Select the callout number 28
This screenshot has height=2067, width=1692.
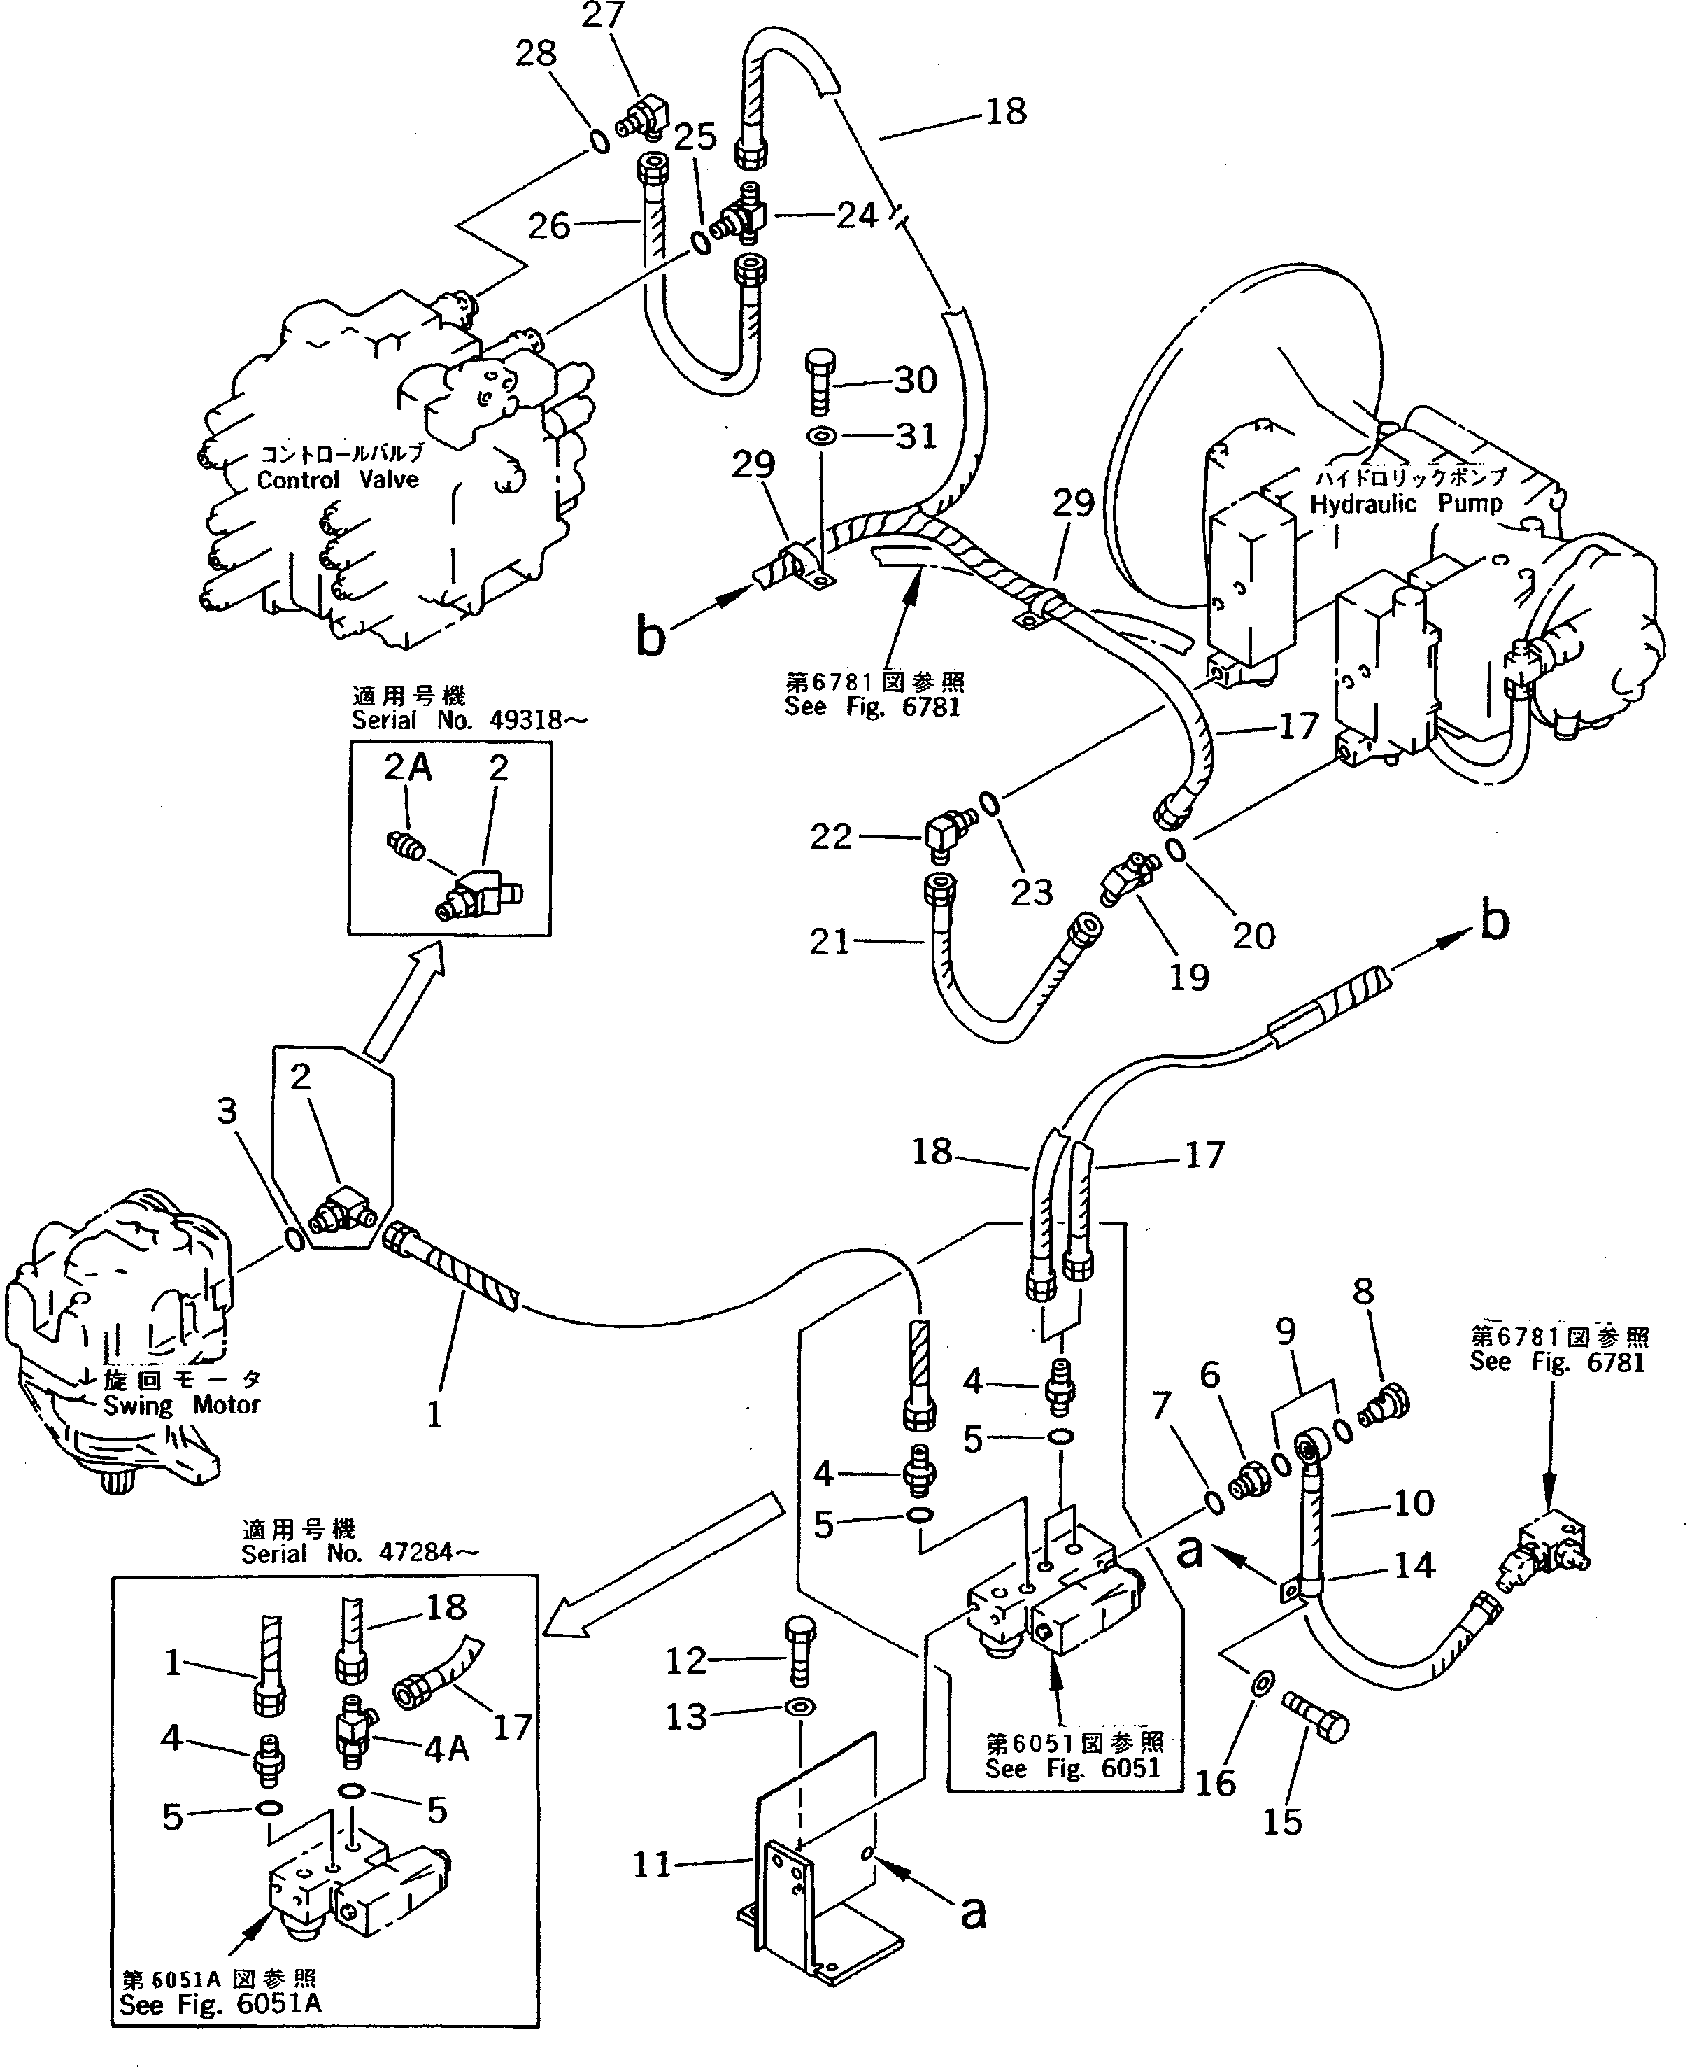pos(535,54)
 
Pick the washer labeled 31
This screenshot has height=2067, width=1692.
pos(822,437)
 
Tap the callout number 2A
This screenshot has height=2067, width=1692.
pos(407,768)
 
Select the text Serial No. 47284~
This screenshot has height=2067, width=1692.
pos(360,1553)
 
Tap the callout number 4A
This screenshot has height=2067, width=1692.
pos(446,1749)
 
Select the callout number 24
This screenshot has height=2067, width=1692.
pos(857,215)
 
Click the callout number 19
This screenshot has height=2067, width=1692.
pos(1188,976)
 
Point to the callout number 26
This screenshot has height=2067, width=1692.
pos(549,226)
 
